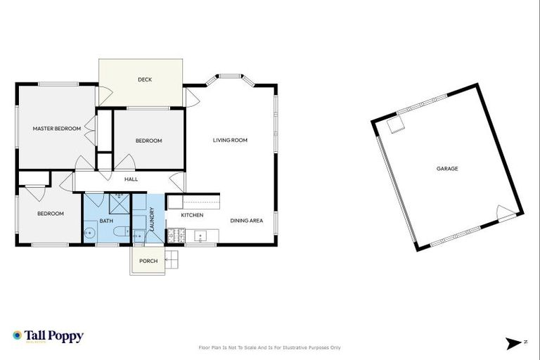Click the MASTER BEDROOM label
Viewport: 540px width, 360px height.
pos(56,129)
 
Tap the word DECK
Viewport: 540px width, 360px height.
pos(145,79)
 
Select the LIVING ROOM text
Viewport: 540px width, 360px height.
pos(230,140)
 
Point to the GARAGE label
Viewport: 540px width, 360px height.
pos(447,169)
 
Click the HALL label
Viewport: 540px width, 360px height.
pos(131,179)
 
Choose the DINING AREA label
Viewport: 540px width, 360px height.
pos(246,221)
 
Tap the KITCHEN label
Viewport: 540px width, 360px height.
pos(192,215)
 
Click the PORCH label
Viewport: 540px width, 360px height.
pos(148,261)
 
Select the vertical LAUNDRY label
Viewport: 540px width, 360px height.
pos(151,218)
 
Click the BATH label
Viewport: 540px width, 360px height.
pos(105,221)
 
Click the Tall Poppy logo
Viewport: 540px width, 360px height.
pos(48,336)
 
